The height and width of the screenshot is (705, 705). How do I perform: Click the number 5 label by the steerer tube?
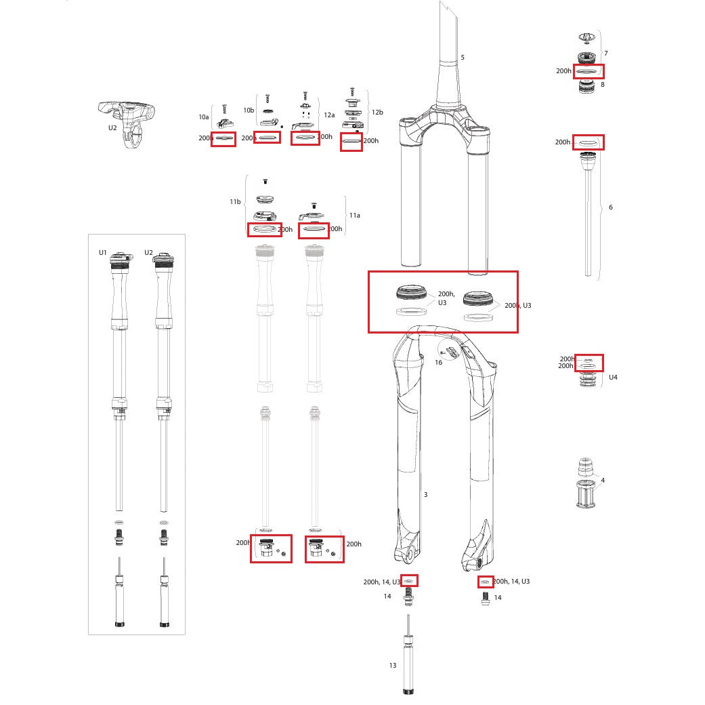(x=463, y=58)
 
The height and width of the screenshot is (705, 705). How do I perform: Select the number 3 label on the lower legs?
(x=425, y=495)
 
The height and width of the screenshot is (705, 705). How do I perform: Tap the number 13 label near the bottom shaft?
(x=393, y=666)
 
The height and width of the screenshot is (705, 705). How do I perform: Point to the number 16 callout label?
(x=438, y=363)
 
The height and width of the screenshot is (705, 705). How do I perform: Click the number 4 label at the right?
(x=603, y=481)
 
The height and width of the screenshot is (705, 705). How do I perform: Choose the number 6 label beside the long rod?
(x=610, y=207)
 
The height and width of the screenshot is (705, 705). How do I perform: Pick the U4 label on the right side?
(x=613, y=377)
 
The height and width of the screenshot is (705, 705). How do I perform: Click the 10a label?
(x=204, y=117)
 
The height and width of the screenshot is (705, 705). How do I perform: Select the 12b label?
(x=377, y=112)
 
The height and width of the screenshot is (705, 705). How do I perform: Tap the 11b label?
(x=235, y=202)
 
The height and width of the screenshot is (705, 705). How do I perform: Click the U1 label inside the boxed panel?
(x=103, y=253)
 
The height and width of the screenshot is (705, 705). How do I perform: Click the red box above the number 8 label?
(x=589, y=70)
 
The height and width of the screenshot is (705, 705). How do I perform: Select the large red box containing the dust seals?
(x=443, y=302)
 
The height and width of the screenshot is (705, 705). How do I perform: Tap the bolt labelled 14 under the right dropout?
(x=485, y=598)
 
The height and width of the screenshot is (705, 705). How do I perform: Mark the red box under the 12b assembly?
(x=351, y=142)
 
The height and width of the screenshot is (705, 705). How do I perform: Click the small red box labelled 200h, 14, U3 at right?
(x=485, y=582)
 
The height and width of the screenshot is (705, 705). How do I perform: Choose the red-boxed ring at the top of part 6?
(x=588, y=142)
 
